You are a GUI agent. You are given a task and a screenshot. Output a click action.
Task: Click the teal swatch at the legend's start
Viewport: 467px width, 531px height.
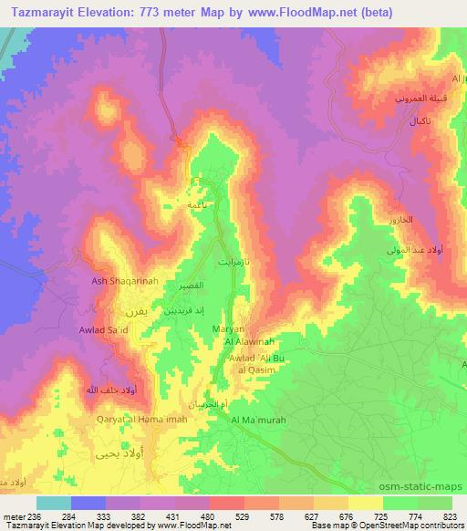(x=53, y=503)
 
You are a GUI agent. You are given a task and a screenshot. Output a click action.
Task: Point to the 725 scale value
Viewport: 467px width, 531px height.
(x=363, y=515)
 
